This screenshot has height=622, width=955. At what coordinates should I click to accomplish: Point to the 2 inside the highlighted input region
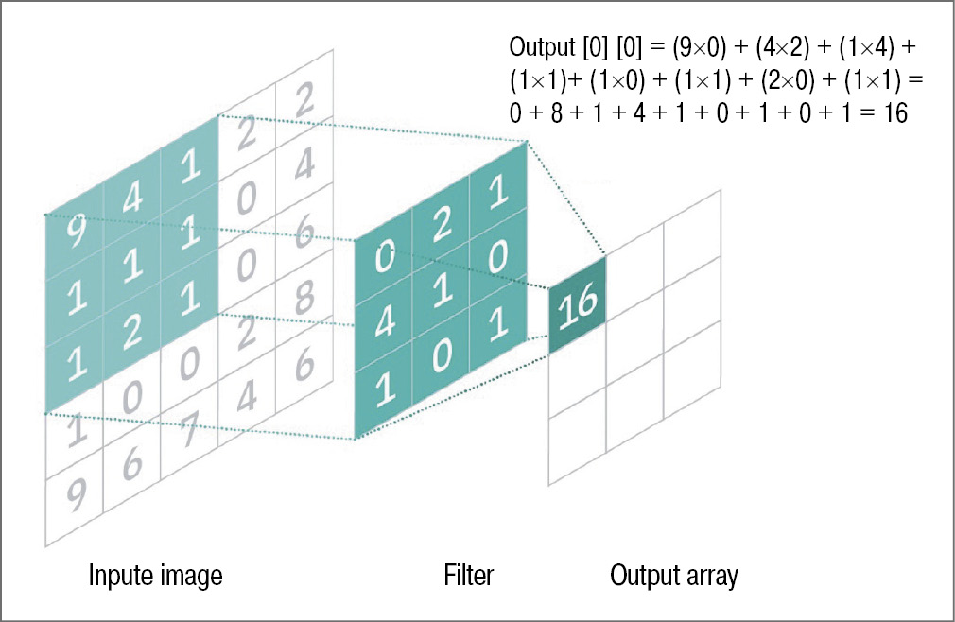[131, 329]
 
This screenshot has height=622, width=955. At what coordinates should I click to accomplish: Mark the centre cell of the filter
[442, 284]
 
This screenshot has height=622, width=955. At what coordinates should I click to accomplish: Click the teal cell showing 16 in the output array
[576, 305]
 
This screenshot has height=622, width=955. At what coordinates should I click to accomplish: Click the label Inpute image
[156, 576]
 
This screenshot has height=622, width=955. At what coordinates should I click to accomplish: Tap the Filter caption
[468, 576]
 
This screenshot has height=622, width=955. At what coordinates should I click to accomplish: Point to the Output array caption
[674, 576]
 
